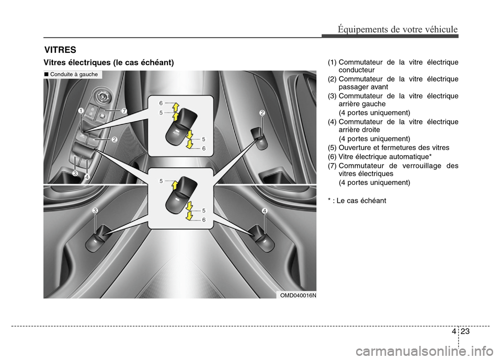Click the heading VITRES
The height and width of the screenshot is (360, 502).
point(60,50)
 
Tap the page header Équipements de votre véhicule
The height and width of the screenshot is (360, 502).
point(397,29)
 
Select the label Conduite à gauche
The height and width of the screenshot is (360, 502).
point(73,74)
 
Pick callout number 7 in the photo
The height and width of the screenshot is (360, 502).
point(124,111)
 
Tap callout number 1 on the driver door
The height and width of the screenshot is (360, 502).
point(82,111)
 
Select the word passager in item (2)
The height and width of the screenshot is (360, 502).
point(355,87)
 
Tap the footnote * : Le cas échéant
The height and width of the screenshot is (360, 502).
point(357,200)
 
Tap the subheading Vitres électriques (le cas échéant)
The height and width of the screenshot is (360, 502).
point(108,63)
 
